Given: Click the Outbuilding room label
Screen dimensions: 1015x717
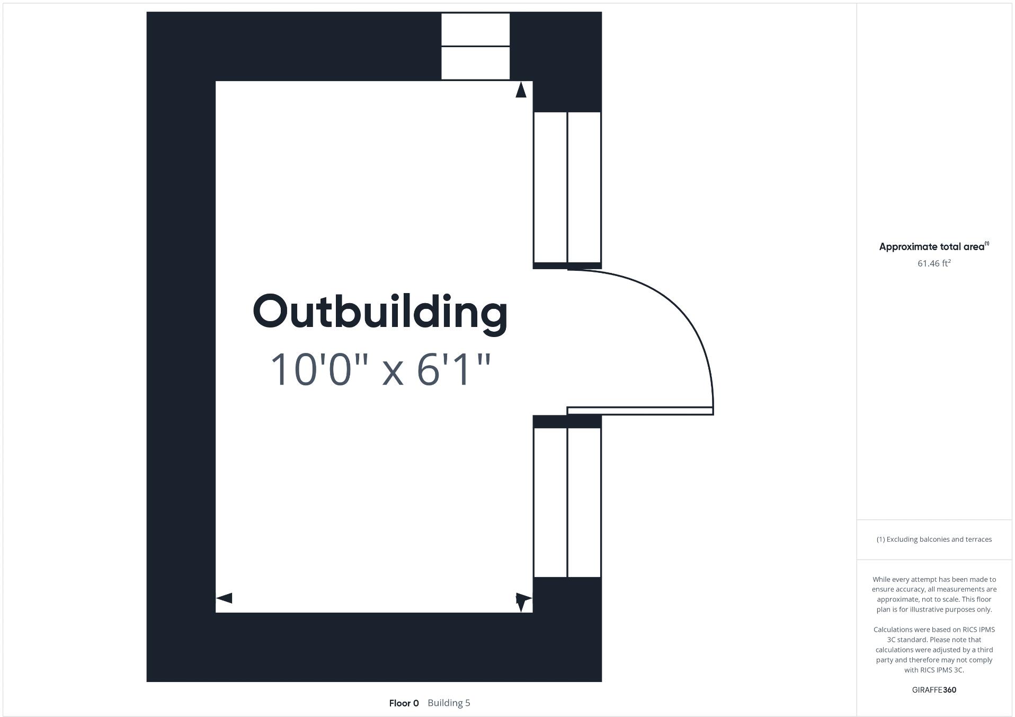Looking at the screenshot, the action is (380, 312).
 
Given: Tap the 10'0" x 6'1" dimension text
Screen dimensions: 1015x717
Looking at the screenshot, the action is (380, 369).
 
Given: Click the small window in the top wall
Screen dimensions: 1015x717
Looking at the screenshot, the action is (475, 47).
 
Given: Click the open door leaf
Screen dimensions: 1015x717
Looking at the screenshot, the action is (640, 411).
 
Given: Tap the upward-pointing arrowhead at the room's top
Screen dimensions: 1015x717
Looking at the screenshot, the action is (521, 90).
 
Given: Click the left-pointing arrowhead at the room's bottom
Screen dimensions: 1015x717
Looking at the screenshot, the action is (224, 598).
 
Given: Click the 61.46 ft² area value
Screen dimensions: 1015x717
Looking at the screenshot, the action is (933, 263).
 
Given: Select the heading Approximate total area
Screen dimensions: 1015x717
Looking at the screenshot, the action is (931, 247).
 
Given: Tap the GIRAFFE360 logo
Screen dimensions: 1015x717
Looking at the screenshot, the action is (934, 690).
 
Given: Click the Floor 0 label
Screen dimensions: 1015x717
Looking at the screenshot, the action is (404, 703).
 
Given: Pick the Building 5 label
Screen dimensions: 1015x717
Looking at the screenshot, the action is (449, 703).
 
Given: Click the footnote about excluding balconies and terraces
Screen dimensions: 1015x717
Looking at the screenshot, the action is (934, 539).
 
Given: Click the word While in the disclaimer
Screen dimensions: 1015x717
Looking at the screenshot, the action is (882, 580).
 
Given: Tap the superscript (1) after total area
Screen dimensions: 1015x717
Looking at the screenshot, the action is (986, 244).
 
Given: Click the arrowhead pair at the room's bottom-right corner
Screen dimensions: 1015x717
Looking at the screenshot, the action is (523, 600).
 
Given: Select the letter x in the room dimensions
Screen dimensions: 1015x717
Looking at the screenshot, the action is (393, 372).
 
